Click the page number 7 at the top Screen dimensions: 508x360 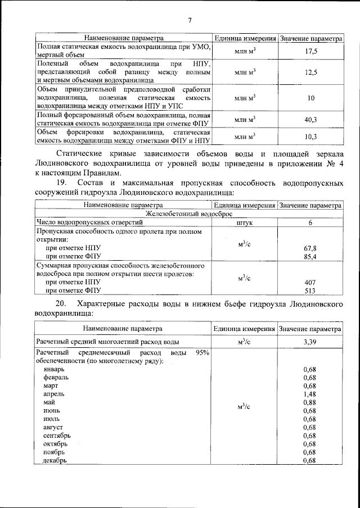pyautogui.click(x=190, y=21)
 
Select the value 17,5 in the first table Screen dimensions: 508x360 pyautogui.click(x=310, y=51)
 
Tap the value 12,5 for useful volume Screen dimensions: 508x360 pyautogui.click(x=310, y=73)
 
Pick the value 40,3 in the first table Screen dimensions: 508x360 pyautogui.click(x=310, y=119)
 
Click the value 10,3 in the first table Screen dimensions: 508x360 pyautogui.click(x=310, y=137)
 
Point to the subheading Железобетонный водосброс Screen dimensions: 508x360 pyautogui.click(x=189, y=214)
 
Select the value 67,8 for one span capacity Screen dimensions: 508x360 pyautogui.click(x=310, y=247)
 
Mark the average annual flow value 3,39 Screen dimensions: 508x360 pyautogui.click(x=310, y=341)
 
